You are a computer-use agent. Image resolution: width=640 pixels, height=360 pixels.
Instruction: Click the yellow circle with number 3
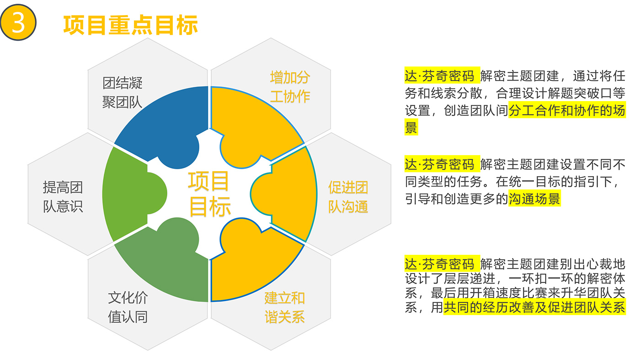pyautogui.click(x=18, y=22)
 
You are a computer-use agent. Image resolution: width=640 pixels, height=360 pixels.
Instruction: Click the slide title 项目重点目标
pyautogui.click(x=131, y=25)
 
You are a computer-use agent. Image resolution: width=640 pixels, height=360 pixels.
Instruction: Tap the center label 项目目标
pyautogui.click(x=209, y=194)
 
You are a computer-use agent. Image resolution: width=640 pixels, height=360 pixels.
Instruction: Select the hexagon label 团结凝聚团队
pyautogui.click(x=123, y=92)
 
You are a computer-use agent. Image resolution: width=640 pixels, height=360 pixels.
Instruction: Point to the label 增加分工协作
pyautogui.click(x=290, y=87)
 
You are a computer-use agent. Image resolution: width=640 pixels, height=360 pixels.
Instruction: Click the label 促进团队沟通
pyautogui.click(x=348, y=197)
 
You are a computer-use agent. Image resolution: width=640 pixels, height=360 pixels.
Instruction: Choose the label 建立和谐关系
pyautogui.click(x=284, y=308)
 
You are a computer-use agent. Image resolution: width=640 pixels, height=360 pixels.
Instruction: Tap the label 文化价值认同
pyautogui.click(x=128, y=307)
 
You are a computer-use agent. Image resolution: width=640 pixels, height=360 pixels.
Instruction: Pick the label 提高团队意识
pyautogui.click(x=63, y=197)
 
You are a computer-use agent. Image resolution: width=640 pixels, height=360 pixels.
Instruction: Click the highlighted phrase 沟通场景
pyautogui.click(x=534, y=199)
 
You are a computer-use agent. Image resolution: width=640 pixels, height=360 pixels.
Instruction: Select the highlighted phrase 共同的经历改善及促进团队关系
pyautogui.click(x=534, y=307)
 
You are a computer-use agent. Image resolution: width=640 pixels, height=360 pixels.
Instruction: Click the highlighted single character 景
pyautogui.click(x=411, y=128)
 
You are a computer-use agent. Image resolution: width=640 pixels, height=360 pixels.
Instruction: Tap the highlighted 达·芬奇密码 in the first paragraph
pyautogui.click(x=442, y=76)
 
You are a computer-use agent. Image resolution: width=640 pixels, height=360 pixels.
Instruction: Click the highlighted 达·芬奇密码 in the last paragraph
pyautogui.click(x=442, y=263)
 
